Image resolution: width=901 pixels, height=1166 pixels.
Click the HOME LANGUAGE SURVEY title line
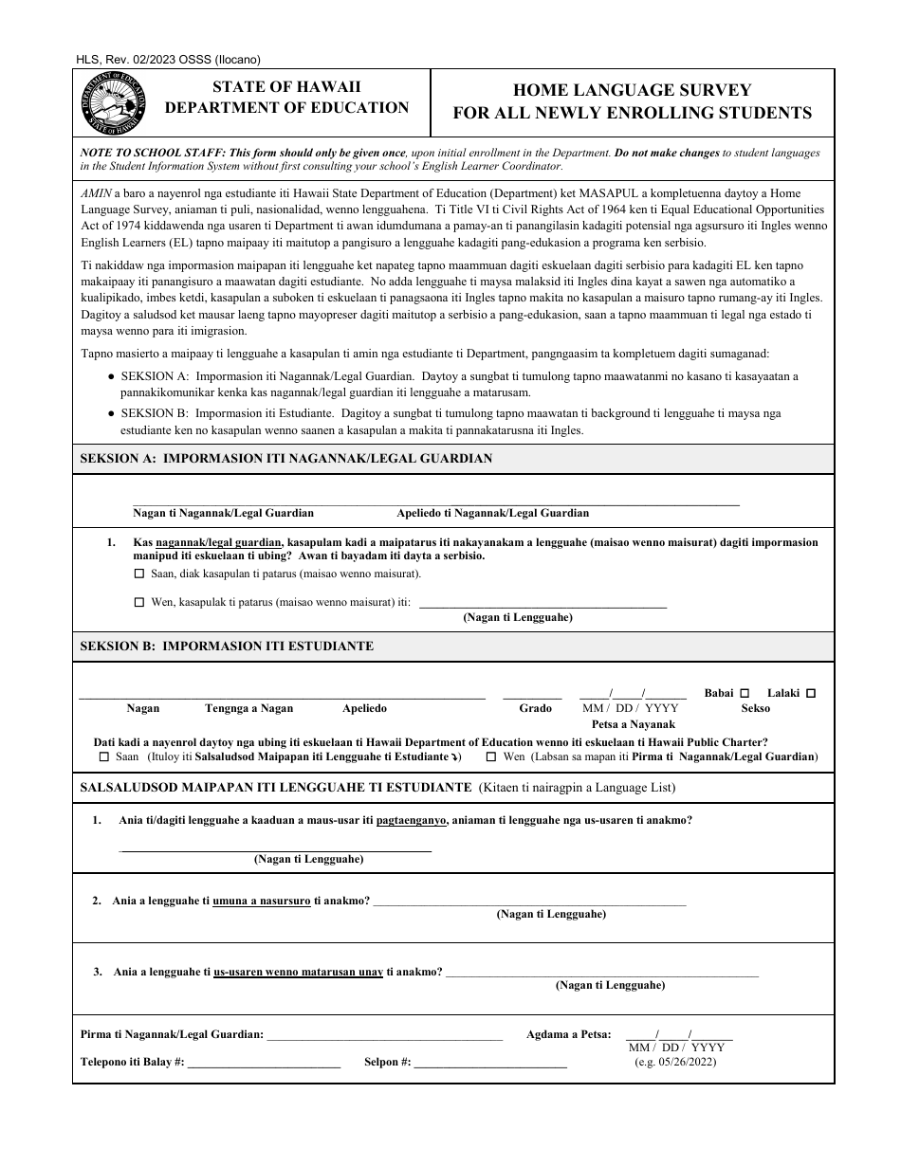click(x=632, y=90)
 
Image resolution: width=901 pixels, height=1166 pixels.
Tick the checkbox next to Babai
click(x=745, y=693)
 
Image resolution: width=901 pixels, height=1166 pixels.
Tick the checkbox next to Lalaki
click(x=811, y=693)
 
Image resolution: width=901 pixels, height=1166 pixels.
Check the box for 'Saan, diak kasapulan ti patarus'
click(x=139, y=574)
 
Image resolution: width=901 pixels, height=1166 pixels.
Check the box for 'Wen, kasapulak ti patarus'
click(x=139, y=602)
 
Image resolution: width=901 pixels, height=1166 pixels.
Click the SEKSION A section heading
click(x=286, y=458)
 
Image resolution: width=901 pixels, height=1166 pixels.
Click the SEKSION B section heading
click(x=227, y=647)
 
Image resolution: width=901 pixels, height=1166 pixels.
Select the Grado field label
click(x=535, y=708)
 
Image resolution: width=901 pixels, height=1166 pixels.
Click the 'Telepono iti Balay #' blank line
click(x=264, y=1064)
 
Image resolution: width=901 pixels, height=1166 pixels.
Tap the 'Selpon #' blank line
click(x=490, y=1064)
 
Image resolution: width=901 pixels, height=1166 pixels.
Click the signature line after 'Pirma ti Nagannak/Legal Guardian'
click(x=384, y=1036)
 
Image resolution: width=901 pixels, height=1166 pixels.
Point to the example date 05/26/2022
click(x=675, y=1062)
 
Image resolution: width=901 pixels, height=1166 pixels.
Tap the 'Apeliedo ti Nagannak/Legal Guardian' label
click(x=492, y=513)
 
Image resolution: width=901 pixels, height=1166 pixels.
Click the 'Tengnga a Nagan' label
click(x=248, y=708)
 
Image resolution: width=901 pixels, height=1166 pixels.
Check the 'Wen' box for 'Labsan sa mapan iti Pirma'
click(x=490, y=757)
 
